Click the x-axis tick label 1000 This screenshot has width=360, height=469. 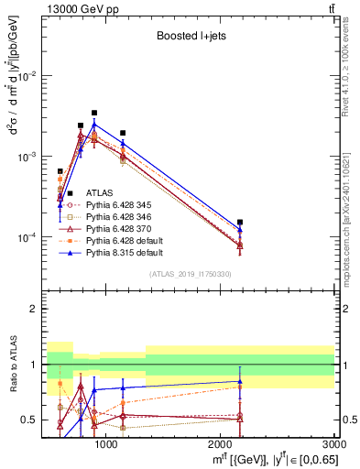(106, 443)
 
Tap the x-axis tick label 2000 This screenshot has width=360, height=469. (221, 443)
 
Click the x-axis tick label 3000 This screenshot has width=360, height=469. (333, 443)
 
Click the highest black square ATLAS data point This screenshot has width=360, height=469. (93, 113)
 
